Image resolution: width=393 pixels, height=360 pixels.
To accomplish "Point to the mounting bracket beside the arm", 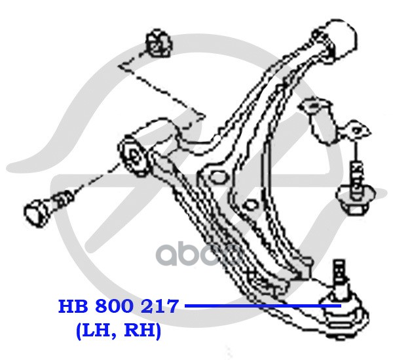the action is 319,118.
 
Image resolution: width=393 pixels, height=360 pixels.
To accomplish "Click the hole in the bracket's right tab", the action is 358,130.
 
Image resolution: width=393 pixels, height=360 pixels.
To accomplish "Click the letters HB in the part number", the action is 73,306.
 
